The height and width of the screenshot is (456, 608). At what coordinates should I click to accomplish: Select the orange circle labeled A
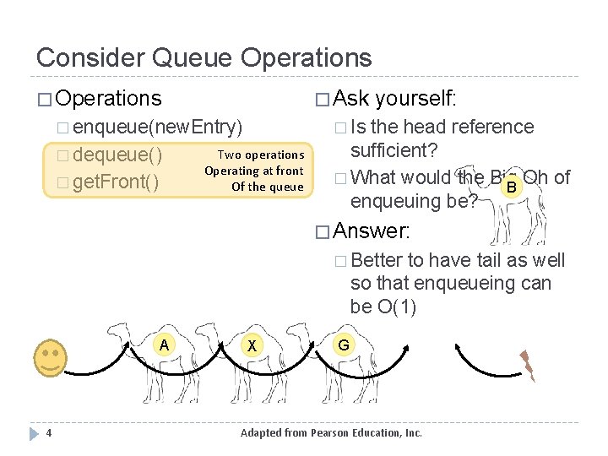(x=165, y=344)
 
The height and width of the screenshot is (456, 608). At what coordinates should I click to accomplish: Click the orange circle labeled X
(x=250, y=345)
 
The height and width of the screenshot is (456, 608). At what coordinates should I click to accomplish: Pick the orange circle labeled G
(x=343, y=344)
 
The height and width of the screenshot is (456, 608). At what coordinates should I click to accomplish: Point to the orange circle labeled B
(x=509, y=187)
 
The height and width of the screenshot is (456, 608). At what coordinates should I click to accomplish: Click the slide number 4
(x=50, y=433)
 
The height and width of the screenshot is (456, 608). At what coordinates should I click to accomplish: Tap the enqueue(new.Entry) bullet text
(x=158, y=128)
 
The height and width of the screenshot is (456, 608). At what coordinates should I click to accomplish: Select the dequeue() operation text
(x=117, y=155)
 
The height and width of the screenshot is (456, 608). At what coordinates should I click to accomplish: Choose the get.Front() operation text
(x=116, y=182)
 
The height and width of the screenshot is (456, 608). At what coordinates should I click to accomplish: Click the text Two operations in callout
(x=261, y=155)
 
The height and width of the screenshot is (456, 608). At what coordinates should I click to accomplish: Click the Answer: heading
(x=372, y=230)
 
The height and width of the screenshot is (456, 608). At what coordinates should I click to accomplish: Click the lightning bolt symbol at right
(x=528, y=366)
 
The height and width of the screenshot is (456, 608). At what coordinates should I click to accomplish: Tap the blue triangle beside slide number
(x=33, y=433)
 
